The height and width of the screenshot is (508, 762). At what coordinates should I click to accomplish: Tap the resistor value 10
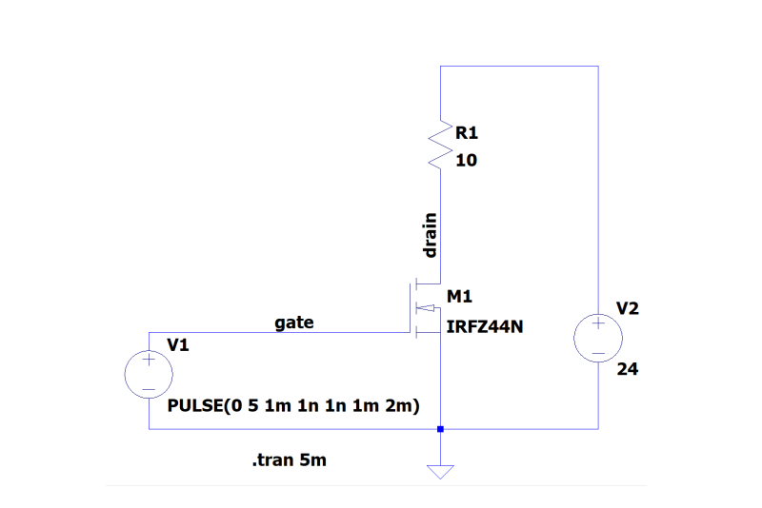click(x=467, y=161)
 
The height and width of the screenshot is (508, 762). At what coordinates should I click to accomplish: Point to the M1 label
click(x=459, y=297)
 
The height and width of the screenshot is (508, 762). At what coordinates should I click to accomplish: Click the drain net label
click(x=431, y=236)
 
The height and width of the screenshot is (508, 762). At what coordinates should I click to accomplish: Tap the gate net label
click(x=294, y=323)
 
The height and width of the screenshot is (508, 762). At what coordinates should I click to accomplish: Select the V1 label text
click(x=178, y=345)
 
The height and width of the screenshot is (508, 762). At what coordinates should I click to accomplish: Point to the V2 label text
click(x=628, y=308)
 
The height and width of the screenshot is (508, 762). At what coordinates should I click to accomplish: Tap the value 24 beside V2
click(x=627, y=369)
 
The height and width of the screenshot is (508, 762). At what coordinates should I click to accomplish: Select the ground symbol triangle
click(x=440, y=469)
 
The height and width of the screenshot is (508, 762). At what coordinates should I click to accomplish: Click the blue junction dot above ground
click(x=440, y=429)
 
